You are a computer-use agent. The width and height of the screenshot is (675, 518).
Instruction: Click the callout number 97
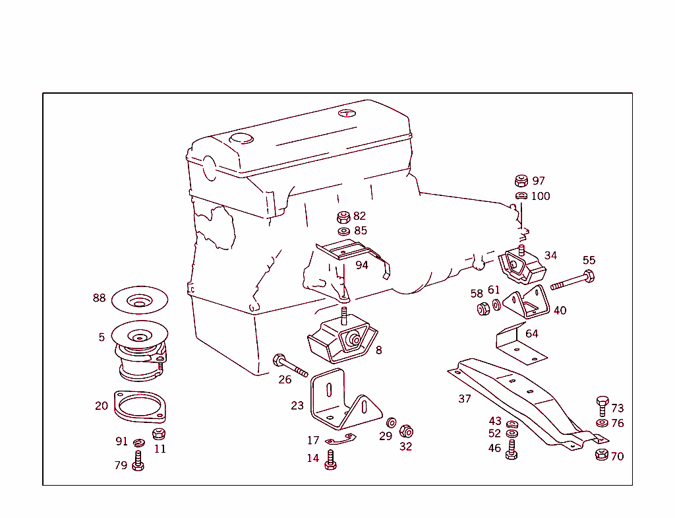tap(539, 181)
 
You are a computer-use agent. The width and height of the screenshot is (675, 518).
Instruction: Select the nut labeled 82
tap(343, 216)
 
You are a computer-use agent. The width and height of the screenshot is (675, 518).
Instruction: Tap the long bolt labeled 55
tap(572, 280)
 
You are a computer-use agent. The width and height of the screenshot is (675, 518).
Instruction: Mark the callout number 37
tap(465, 399)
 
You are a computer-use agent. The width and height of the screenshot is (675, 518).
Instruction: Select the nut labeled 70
tap(601, 455)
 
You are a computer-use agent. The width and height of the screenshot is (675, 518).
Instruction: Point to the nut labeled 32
tap(407, 432)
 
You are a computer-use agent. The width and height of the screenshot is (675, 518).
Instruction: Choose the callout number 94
tap(362, 265)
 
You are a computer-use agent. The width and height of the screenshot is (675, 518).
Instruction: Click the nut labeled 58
tap(482, 308)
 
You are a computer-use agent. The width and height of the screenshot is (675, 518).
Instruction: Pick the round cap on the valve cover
tap(241, 139)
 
